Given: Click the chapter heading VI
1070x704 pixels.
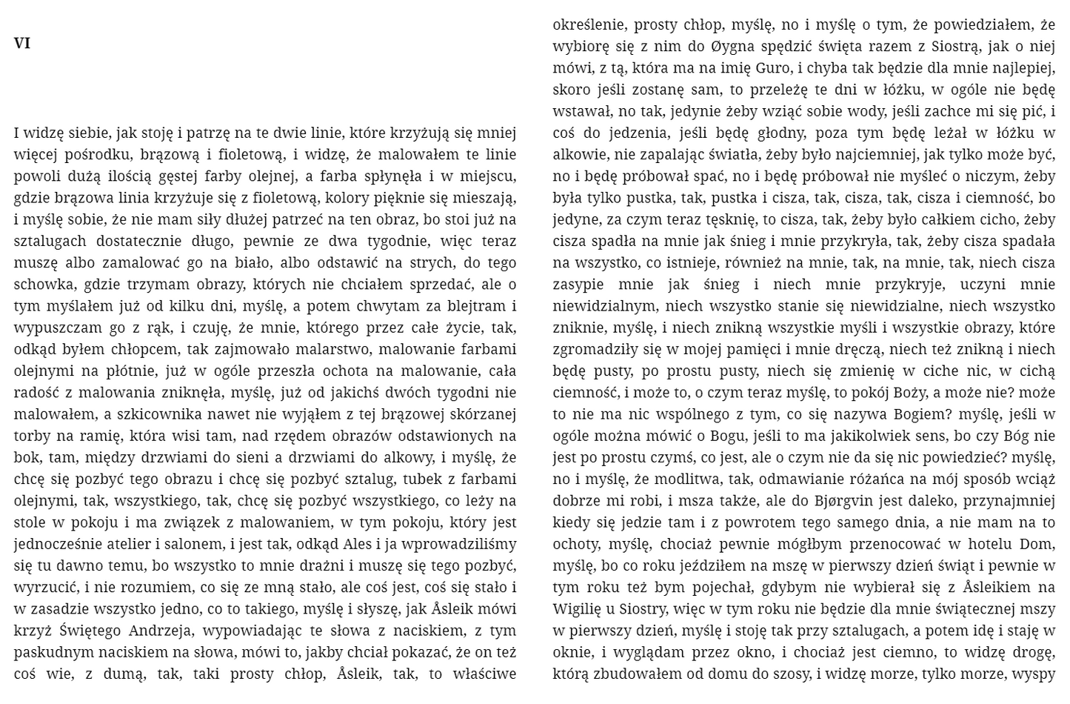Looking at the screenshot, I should (22, 44).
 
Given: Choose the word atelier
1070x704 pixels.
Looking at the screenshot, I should (124, 545).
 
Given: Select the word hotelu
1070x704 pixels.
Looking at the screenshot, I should (985, 545).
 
